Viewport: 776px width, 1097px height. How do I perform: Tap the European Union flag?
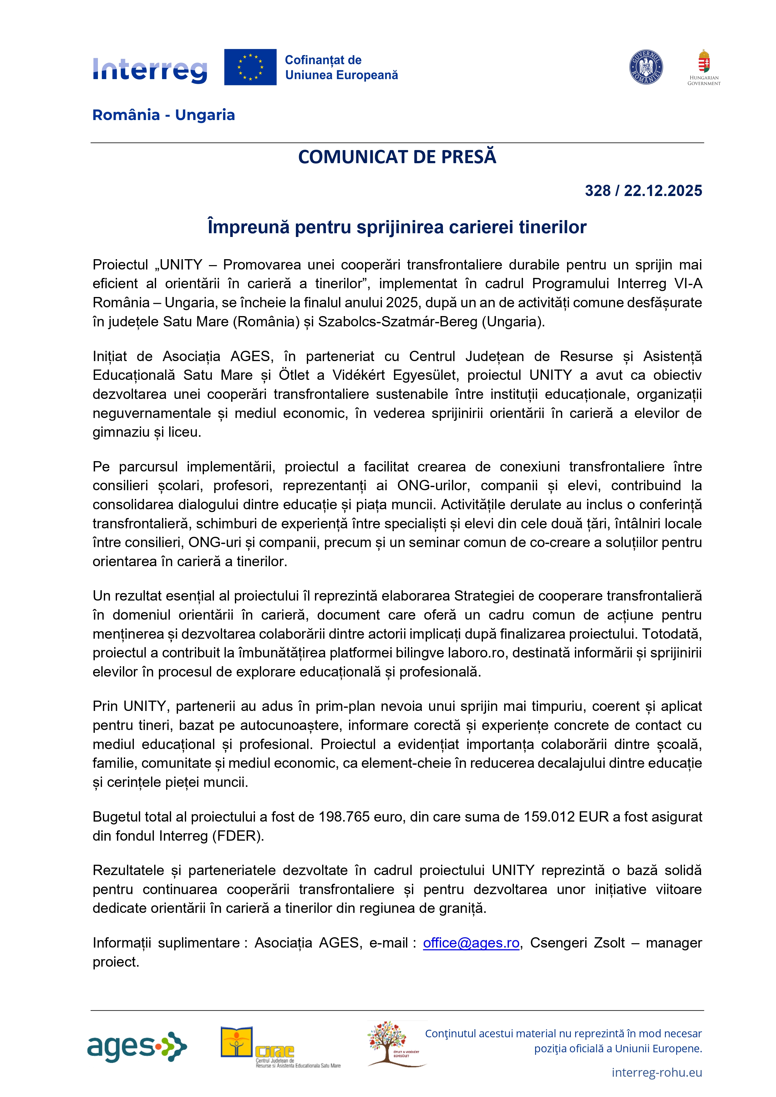point(250,67)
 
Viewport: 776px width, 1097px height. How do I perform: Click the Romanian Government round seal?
point(646,67)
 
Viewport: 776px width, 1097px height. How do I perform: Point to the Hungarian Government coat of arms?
point(703,62)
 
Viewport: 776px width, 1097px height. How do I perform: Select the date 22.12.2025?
point(663,191)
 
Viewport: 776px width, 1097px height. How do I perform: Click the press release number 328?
point(598,191)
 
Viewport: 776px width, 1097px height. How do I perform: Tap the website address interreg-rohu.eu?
point(657,1072)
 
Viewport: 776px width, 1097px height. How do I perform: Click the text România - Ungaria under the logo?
point(164,115)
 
